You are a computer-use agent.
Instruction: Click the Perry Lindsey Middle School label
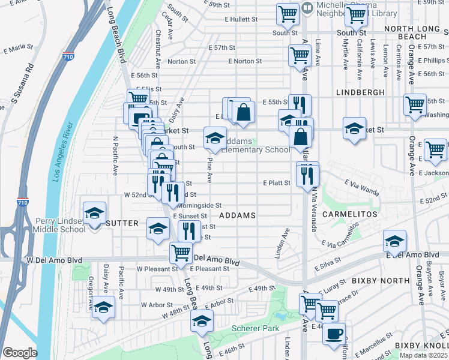coord(60,225)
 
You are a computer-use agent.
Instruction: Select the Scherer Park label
coord(255,328)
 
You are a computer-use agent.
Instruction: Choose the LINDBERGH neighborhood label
coord(360,92)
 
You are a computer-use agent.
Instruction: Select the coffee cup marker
coord(334,333)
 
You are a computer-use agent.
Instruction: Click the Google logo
coord(19,353)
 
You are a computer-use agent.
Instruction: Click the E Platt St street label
coord(277,182)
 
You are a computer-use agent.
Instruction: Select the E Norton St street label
coord(245,61)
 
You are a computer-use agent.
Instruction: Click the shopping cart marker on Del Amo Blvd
coord(181,252)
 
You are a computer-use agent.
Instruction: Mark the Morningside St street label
coord(199,205)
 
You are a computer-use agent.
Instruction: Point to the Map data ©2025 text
coord(423,355)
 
